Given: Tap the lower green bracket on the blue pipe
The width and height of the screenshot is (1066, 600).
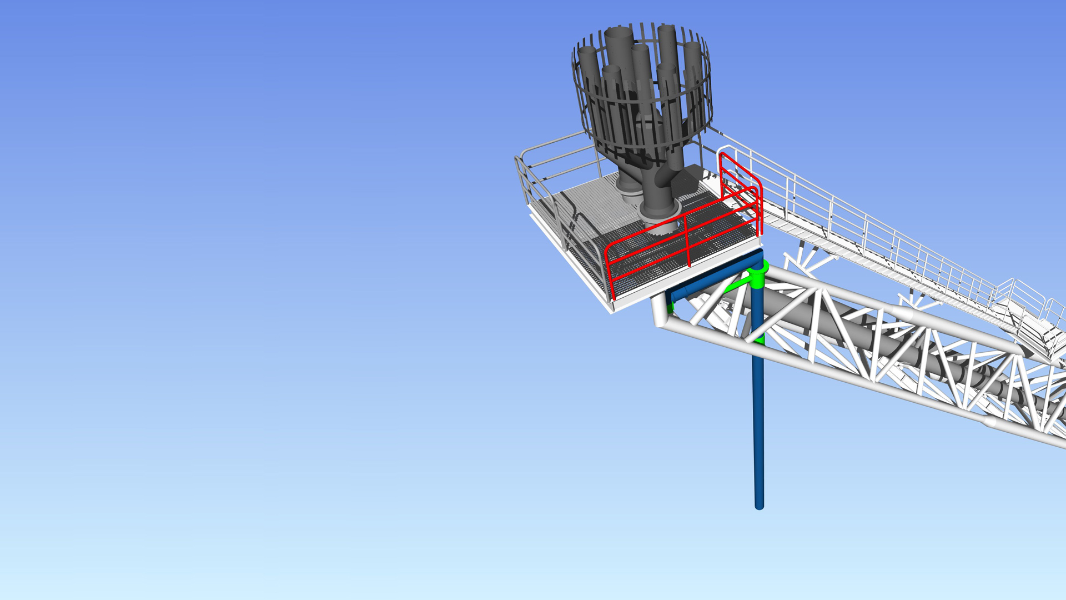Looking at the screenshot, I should pos(760,338).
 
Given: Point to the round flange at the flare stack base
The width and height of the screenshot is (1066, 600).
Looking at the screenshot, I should pos(661,213).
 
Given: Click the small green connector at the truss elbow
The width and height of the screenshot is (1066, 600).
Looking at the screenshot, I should pos(671,306).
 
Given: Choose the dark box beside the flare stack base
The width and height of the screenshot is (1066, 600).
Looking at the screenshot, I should pos(688,178).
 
